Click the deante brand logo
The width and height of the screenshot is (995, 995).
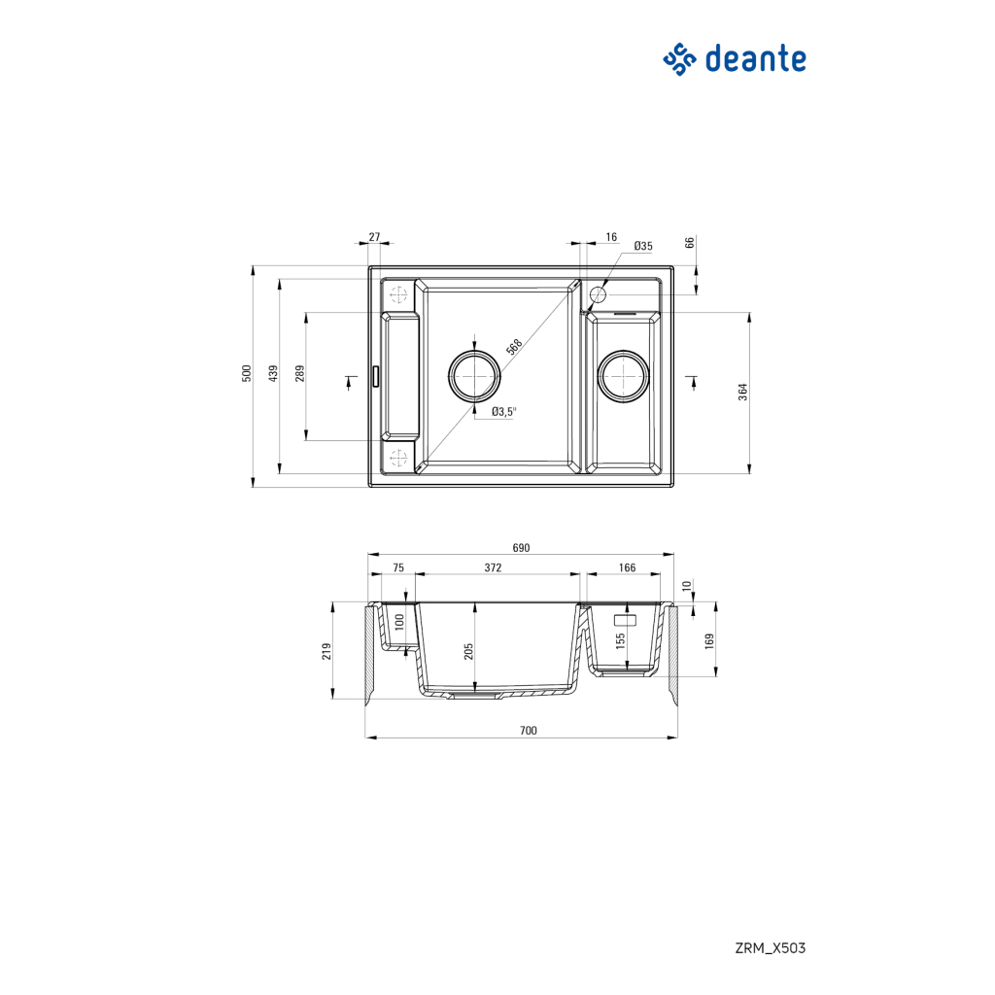pos(735,59)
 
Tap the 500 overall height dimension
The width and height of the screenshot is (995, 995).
pos(247,374)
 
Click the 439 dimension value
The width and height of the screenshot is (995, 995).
pos(274,374)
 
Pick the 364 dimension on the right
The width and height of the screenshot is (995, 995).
pos(742,392)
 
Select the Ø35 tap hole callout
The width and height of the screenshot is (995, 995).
pos(642,247)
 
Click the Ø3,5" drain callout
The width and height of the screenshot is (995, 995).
pos(503,412)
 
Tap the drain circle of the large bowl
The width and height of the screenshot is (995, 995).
pos(474,375)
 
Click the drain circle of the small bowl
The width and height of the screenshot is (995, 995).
pos(623,375)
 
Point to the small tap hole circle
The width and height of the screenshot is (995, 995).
pos(599,292)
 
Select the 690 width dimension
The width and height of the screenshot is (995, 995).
pos(521,548)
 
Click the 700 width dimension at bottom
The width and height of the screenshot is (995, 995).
pos(528,731)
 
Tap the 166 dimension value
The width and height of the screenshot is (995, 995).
pos(627,567)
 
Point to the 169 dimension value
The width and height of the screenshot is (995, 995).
pos(709,640)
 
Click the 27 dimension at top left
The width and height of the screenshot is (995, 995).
pos(375,237)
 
